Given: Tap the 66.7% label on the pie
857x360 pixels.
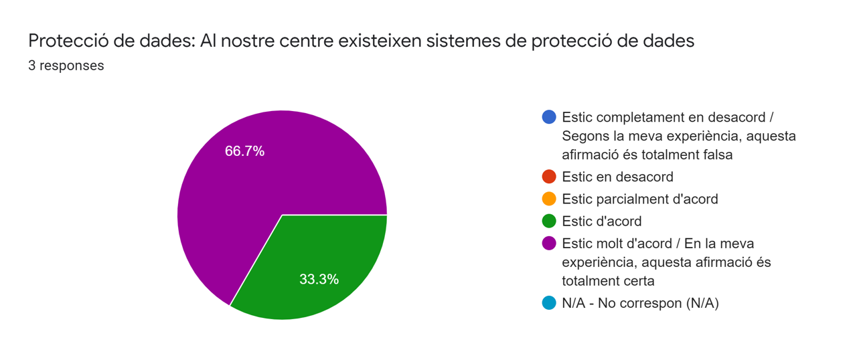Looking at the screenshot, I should [x=244, y=151].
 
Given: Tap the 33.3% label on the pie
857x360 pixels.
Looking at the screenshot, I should [x=319, y=279].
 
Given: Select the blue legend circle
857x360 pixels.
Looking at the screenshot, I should [x=549, y=117].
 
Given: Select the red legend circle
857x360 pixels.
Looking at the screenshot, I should [x=549, y=177].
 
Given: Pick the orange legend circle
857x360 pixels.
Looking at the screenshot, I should [x=549, y=199].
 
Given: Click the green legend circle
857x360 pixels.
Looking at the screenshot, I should [x=549, y=221].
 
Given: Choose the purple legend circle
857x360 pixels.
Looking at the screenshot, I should [x=549, y=243].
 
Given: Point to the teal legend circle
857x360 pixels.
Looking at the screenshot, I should [x=549, y=303].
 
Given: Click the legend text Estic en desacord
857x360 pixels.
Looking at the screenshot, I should [x=617, y=177].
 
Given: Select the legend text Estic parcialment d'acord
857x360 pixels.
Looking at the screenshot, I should [x=639, y=199].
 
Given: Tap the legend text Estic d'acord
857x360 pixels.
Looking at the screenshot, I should [x=601, y=221].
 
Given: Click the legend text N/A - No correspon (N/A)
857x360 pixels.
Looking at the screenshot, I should [x=640, y=303].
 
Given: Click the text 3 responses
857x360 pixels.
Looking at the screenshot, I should [x=66, y=66].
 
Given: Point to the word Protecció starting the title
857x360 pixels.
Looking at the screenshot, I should [x=64, y=41].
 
